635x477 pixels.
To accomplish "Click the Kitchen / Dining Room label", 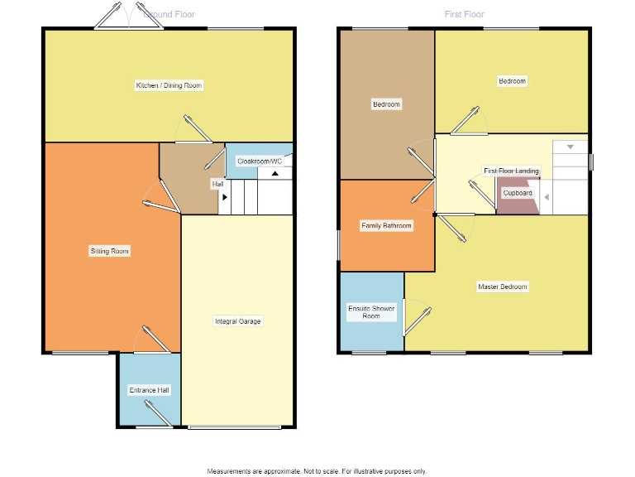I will [169, 85].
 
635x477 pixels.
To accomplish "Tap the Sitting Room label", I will [110, 251].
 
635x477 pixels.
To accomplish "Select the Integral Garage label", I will [238, 321].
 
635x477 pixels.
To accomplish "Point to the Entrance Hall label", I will [150, 389].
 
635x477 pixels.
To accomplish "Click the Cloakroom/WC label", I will [260, 161].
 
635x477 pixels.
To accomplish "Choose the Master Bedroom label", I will [502, 287].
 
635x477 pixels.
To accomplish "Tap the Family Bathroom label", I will [386, 225].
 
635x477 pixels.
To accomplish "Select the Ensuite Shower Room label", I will [371, 311].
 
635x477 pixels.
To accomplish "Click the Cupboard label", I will [518, 193].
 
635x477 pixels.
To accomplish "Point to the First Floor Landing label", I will [511, 171].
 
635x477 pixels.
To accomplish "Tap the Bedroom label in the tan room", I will [386, 104].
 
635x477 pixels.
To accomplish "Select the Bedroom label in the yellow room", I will [512, 81].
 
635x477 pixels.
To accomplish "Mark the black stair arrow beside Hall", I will [224, 197].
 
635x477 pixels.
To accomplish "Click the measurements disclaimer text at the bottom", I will [317, 470].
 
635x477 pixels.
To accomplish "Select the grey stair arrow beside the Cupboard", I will [546, 197].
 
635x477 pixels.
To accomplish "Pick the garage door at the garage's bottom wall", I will [235, 427].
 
